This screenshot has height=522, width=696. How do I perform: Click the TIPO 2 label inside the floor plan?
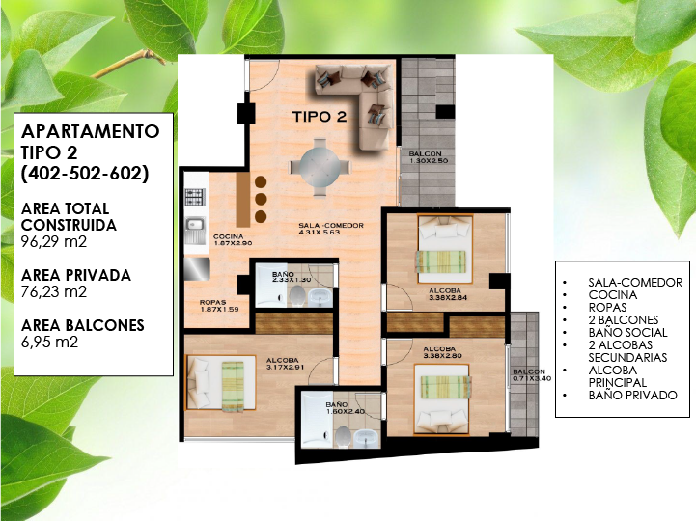(320, 117)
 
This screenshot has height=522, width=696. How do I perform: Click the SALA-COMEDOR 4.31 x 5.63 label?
(331, 229)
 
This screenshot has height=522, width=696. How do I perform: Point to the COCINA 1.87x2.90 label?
(228, 240)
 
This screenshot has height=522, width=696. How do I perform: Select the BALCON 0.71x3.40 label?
(529, 375)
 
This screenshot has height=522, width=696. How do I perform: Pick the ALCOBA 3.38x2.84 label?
(448, 294)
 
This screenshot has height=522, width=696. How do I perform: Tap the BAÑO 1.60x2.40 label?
(346, 408)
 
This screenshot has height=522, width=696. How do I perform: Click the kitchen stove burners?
(195, 198)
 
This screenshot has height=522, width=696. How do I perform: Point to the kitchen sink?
(194, 231)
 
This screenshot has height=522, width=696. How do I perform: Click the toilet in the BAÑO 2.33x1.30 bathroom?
(296, 295)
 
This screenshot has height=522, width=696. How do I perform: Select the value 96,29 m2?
(54, 242)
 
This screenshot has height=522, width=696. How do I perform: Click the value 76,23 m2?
(54, 291)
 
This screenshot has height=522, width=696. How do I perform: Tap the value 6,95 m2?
(50, 342)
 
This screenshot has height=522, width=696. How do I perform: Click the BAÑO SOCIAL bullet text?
(627, 332)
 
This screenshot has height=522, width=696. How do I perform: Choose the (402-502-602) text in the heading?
(85, 174)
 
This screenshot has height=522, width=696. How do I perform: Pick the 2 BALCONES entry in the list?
(624, 319)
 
